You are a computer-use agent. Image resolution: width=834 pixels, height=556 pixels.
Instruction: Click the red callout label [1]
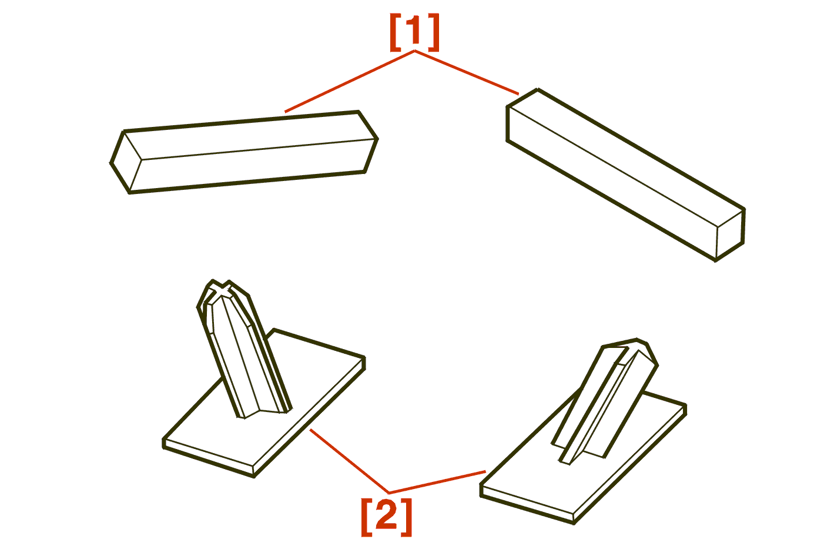[x=414, y=32]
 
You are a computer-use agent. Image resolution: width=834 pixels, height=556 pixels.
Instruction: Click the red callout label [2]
[x=387, y=517]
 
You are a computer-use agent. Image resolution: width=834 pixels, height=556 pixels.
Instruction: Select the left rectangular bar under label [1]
[x=244, y=152]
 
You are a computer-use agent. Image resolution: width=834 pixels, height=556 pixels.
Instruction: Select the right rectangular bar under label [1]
[x=625, y=175]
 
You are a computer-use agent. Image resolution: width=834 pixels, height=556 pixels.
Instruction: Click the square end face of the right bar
[x=730, y=235]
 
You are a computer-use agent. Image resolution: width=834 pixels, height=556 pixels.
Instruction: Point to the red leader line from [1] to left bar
[x=350, y=82]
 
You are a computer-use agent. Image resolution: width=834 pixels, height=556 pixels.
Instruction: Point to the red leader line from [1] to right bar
[x=467, y=73]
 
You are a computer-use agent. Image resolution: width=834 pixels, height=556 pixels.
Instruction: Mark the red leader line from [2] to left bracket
[x=349, y=461]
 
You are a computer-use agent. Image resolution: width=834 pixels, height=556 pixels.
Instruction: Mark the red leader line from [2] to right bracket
[x=437, y=483]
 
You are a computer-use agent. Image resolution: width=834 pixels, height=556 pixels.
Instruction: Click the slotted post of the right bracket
[x=604, y=400]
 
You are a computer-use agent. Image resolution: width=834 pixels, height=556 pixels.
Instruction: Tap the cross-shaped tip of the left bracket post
[x=222, y=289]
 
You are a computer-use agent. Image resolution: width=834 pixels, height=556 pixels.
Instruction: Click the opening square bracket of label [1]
[x=394, y=32]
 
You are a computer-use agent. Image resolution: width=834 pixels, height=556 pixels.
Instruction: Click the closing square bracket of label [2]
[x=407, y=517]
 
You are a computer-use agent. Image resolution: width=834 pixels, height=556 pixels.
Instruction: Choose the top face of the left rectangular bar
[x=249, y=136]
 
